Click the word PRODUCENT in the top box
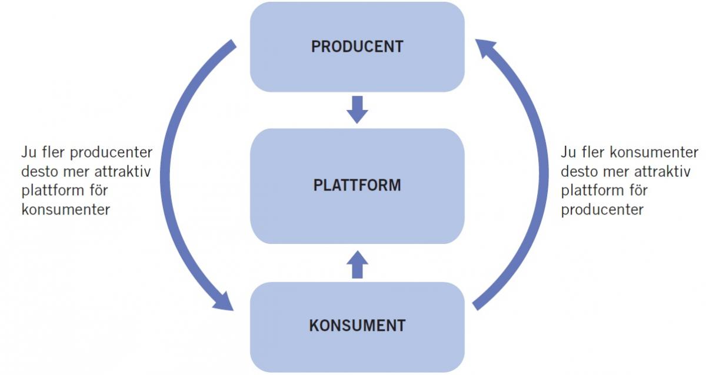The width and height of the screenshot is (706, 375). coord(357,47)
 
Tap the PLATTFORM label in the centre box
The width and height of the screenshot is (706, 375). coord(357,186)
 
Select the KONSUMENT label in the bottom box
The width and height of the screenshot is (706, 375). coord(357,325)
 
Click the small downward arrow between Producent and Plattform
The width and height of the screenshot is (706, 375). coord(357,109)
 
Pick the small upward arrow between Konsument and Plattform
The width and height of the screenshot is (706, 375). coord(357,264)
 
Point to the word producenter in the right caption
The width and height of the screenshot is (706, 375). coord(602,210)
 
